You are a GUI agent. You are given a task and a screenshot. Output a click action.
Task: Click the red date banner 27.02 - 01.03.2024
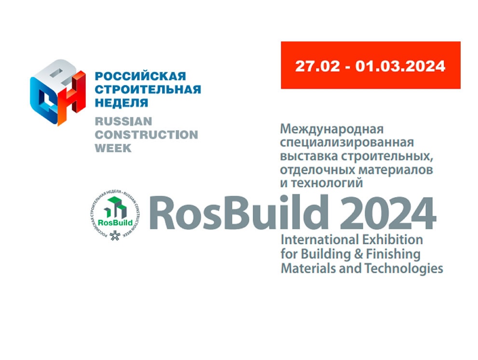click(370, 65)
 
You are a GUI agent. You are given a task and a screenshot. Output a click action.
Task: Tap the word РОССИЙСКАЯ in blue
click(140, 76)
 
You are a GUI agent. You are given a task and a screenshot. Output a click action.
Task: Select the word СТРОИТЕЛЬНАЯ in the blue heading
click(148, 90)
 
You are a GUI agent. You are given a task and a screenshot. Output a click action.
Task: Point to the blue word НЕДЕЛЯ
click(122, 103)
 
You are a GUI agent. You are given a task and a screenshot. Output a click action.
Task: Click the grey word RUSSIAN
click(123, 121)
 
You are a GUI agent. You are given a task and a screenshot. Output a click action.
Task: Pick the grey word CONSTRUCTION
click(146, 134)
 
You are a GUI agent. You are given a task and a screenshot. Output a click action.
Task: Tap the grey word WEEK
click(113, 148)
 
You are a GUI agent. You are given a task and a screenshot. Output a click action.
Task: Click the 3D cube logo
click(57, 92)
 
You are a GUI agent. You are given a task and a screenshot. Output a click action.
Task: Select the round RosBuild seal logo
click(115, 215)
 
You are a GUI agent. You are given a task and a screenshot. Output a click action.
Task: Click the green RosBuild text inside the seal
click(115, 223)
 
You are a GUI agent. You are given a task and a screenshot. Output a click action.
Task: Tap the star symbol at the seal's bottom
click(115, 236)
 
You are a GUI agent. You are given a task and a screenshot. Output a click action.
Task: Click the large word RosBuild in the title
click(239, 212)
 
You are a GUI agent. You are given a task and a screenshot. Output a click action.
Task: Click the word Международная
click(332, 129)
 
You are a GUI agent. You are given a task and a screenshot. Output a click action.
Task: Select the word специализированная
click(347, 143)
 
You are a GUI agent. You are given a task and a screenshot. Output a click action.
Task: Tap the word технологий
click(327, 183)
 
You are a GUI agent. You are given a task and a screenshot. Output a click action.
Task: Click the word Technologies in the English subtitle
click(404, 268)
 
